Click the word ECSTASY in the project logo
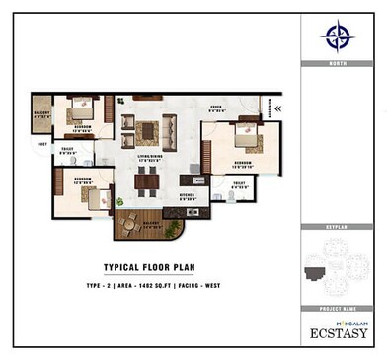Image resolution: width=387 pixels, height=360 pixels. [339, 332]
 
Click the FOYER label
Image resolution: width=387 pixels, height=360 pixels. [216, 108]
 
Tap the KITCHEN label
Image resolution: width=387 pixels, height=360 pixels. [188, 195]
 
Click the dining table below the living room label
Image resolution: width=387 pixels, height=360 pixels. [147, 179]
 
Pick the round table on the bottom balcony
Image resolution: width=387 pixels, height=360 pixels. [129, 223]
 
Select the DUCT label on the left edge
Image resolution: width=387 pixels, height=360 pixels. [41, 144]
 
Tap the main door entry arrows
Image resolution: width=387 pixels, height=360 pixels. [277, 108]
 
